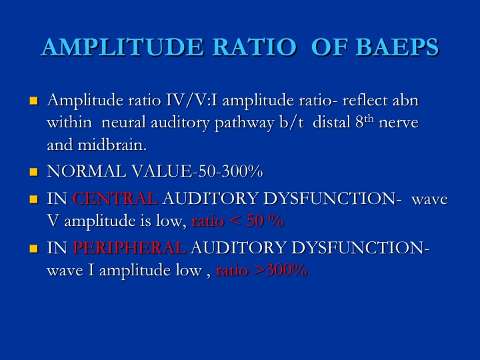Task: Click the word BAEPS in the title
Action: (397, 47)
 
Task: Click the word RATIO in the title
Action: (255, 47)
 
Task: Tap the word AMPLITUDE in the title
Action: (122, 47)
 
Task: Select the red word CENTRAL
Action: (115, 199)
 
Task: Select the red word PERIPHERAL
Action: (129, 247)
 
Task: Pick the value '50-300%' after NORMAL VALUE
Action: (231, 171)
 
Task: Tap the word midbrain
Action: (113, 145)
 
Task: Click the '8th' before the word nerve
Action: (365, 121)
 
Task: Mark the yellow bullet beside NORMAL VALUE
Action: (34, 171)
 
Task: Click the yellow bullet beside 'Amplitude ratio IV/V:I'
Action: (34, 101)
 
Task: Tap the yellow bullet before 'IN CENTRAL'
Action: (34, 199)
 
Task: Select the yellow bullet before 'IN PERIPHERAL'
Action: (34, 248)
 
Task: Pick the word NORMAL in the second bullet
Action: (86, 171)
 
